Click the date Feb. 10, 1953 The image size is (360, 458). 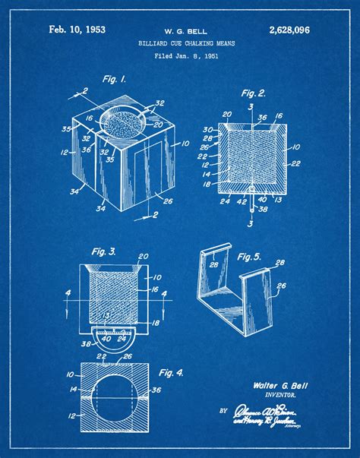click(x=77, y=30)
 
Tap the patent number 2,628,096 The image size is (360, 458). click(x=289, y=30)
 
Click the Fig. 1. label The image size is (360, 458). click(x=115, y=79)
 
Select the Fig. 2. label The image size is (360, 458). click(x=254, y=93)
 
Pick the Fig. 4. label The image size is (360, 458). click(x=172, y=372)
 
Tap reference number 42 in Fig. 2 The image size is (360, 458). click(x=242, y=201)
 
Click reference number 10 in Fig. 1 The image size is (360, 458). click(x=185, y=143)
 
